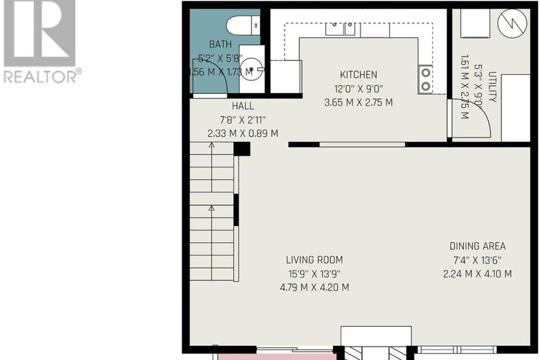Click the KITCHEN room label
(358, 75)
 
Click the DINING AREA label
(477, 246)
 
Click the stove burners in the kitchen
(427, 80)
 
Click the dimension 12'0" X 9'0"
(358, 88)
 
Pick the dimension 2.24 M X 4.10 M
(477, 273)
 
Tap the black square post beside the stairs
(241, 149)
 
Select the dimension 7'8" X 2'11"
(242, 119)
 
